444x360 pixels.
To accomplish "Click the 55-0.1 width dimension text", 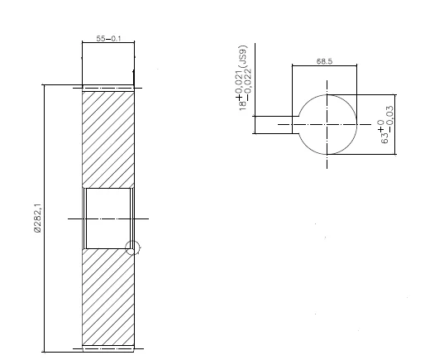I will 108,39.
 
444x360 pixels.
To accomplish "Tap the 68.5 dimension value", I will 324,61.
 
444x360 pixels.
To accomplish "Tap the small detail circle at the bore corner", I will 131,247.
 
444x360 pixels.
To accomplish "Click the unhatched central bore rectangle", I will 108,218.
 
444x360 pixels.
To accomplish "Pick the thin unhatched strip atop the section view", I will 108,87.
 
